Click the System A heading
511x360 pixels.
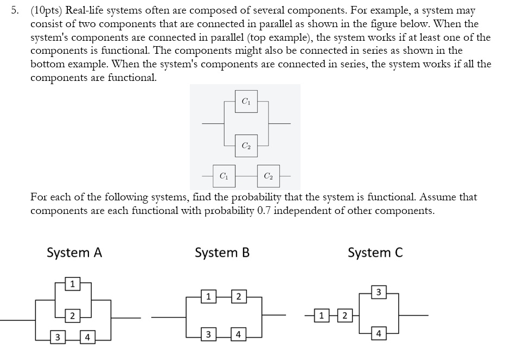click(x=74, y=252)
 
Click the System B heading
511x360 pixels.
click(x=222, y=252)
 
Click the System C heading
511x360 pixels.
click(x=375, y=252)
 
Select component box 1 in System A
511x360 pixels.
click(x=72, y=283)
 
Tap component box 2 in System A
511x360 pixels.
click(x=72, y=315)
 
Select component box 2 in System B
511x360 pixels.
click(x=237, y=296)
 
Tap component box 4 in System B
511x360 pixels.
click(x=237, y=333)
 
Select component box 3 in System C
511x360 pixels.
click(x=379, y=293)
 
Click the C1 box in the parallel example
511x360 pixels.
click(x=246, y=101)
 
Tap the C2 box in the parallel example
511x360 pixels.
click(x=246, y=145)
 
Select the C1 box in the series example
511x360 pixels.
click(x=223, y=175)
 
